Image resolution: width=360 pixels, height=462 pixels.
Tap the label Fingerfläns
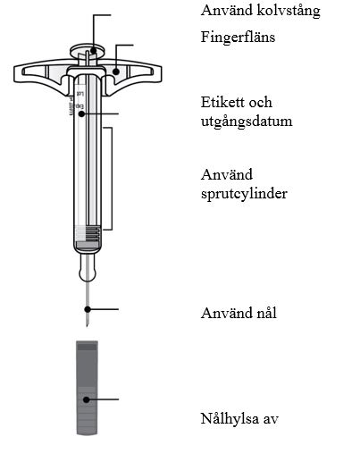238,38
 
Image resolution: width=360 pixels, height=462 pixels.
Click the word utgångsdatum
247,122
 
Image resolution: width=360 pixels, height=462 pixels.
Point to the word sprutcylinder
244,194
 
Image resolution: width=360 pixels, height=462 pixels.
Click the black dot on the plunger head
94,51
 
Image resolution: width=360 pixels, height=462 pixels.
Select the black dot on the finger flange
116,71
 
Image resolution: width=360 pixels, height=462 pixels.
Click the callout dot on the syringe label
81,113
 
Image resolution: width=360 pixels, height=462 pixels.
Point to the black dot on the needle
88,309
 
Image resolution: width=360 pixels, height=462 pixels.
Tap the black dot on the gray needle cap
86,399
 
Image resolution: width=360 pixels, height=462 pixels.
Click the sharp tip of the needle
87,327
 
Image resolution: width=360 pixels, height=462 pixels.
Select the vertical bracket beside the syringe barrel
112,179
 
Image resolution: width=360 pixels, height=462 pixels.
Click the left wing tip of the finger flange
14,73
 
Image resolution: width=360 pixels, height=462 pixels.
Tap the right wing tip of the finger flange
161,73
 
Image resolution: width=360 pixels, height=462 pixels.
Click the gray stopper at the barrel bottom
88,245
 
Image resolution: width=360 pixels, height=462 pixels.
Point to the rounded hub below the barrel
88,267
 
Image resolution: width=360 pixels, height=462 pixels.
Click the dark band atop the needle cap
87,347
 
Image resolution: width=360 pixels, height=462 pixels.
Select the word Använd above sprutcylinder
227,174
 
